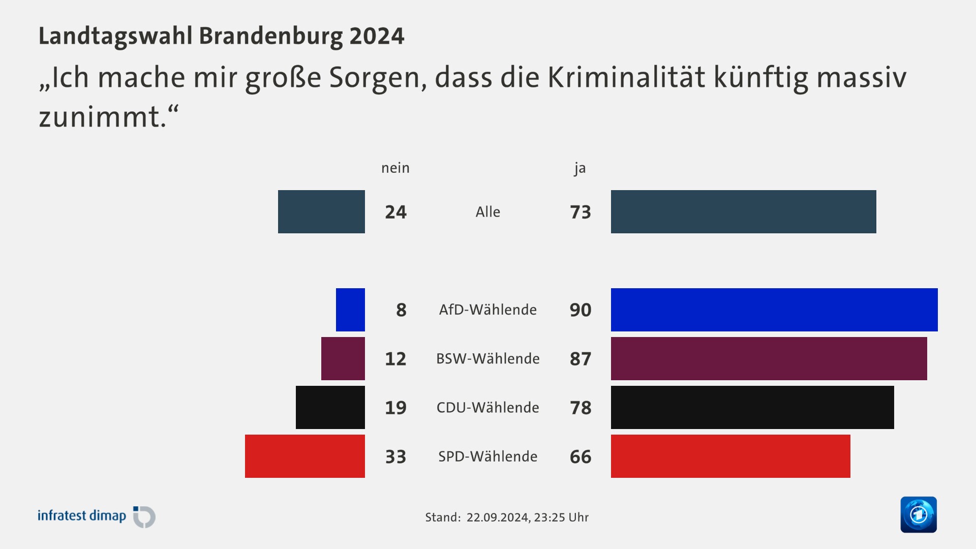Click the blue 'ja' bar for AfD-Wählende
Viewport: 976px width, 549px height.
[x=774, y=310]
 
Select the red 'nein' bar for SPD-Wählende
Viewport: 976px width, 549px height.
[x=305, y=456]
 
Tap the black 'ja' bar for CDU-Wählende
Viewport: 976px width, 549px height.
[x=752, y=407]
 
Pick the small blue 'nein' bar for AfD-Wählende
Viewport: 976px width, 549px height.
[x=350, y=310]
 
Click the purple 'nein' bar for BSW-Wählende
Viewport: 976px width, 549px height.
[x=343, y=358]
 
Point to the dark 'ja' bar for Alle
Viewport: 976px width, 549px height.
[x=743, y=211]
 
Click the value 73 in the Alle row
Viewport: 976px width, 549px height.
[x=580, y=212]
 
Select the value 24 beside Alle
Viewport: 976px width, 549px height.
[x=395, y=212]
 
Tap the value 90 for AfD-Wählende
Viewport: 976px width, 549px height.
[x=580, y=310]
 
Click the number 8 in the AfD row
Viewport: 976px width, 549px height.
[x=401, y=310]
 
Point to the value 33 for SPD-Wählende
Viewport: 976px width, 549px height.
[x=395, y=456]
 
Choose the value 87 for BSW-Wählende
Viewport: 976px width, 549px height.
[x=580, y=359]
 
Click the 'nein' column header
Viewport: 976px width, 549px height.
[x=395, y=168]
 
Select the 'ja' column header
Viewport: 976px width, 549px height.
[x=580, y=168]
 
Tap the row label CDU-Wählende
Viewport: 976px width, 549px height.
[x=487, y=407]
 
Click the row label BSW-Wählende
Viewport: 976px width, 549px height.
[x=487, y=358]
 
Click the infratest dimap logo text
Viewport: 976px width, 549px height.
[x=82, y=515]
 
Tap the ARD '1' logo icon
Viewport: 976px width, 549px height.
[x=918, y=514]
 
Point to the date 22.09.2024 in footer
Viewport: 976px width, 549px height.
[x=497, y=517]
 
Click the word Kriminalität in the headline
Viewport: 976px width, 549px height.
[x=626, y=77]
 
